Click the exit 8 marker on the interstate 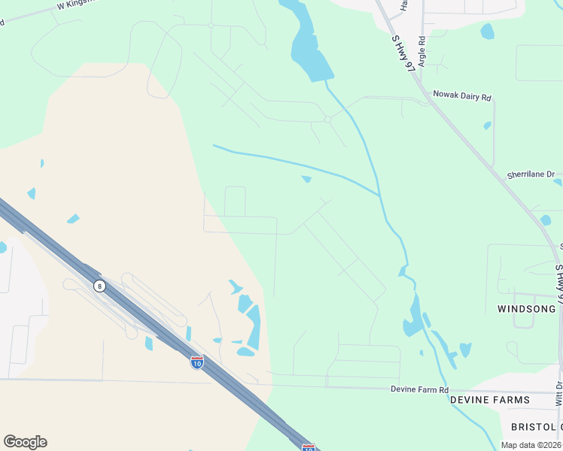99,286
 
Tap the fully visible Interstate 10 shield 196,362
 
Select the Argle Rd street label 422,51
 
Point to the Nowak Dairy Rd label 461,97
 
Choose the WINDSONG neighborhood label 526,309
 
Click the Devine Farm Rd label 419,389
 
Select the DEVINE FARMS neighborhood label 501,400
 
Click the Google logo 25,442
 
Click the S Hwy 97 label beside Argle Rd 403,53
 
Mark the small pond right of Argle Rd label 488,32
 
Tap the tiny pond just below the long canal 306,179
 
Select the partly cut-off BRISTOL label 536,427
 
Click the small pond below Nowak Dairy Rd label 488,126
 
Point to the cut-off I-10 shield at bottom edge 308,447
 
